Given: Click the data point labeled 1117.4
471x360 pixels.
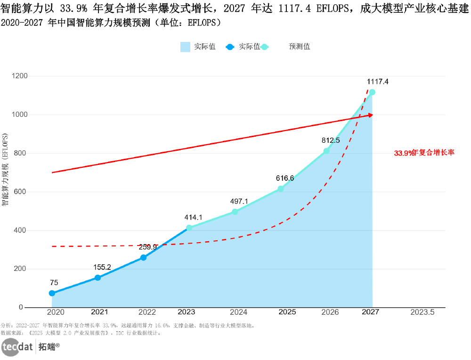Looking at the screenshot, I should coord(372,92).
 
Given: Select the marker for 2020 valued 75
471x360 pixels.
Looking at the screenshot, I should coord(52,293).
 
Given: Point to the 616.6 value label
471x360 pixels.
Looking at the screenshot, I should coord(285,178).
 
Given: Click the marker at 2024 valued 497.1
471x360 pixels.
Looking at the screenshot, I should coord(235,212).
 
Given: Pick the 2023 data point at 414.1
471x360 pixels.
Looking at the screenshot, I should coord(189,228).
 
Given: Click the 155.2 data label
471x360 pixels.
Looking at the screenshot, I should coord(102,267).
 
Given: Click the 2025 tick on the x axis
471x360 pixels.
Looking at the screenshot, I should coord(287,312).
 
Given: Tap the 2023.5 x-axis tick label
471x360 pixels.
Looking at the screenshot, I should coord(422,312).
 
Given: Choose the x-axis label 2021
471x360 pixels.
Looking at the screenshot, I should coord(99,312).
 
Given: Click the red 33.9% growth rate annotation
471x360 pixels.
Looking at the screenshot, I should coord(424,153).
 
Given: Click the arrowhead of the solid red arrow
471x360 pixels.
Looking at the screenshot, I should coord(370,115).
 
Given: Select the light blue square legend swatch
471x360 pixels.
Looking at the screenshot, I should coord(185,47).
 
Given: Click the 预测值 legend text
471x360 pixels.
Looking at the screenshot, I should coord(300,47).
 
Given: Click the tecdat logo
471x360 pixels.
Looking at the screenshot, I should coord(17,347).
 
